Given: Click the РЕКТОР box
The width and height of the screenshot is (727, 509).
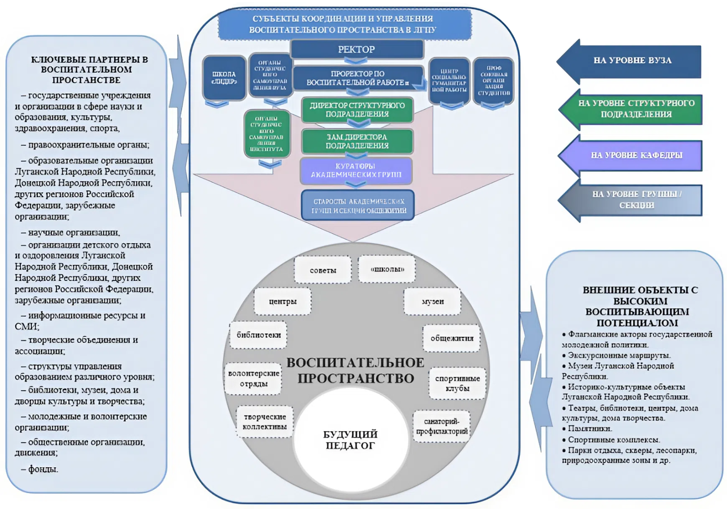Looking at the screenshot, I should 357,49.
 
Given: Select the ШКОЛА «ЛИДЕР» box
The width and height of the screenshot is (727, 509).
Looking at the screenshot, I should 224,78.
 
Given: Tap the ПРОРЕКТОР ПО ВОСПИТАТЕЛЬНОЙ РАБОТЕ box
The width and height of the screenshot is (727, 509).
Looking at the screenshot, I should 358,78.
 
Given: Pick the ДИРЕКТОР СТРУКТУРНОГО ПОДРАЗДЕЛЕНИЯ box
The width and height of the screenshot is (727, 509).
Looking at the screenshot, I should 357,110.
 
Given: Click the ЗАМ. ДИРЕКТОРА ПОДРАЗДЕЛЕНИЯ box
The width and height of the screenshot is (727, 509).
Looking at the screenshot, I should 357,141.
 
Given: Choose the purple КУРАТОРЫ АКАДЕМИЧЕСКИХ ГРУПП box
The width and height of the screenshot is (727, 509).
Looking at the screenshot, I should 356,170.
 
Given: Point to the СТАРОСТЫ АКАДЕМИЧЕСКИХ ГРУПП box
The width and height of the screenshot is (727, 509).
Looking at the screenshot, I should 358,205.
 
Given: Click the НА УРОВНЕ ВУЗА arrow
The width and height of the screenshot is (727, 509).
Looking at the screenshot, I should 632,60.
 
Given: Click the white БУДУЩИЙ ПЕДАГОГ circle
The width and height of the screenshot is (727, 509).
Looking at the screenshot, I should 350,440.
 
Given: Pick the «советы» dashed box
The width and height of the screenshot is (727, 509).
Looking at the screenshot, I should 323,270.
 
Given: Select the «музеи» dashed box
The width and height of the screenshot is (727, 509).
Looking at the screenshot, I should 433,301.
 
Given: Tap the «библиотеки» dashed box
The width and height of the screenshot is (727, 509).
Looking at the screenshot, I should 259,335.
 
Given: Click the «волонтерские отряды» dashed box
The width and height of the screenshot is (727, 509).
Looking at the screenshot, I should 254,379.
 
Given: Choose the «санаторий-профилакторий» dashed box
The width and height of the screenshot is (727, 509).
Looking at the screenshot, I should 442,426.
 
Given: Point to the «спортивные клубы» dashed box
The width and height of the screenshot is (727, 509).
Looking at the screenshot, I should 457,383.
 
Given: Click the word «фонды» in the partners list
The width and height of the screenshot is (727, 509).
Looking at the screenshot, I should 43,469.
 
